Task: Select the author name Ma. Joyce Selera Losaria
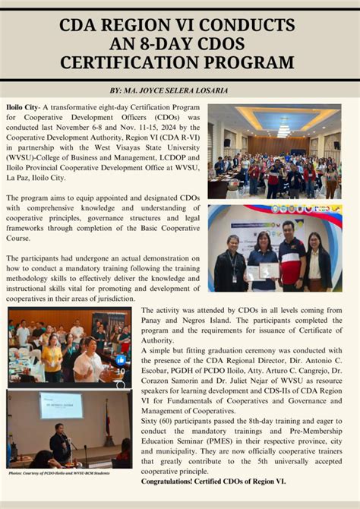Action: tap(198, 90)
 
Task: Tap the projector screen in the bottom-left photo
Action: tap(61, 405)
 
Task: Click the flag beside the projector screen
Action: tap(107, 422)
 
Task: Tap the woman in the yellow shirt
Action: tap(52, 356)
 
